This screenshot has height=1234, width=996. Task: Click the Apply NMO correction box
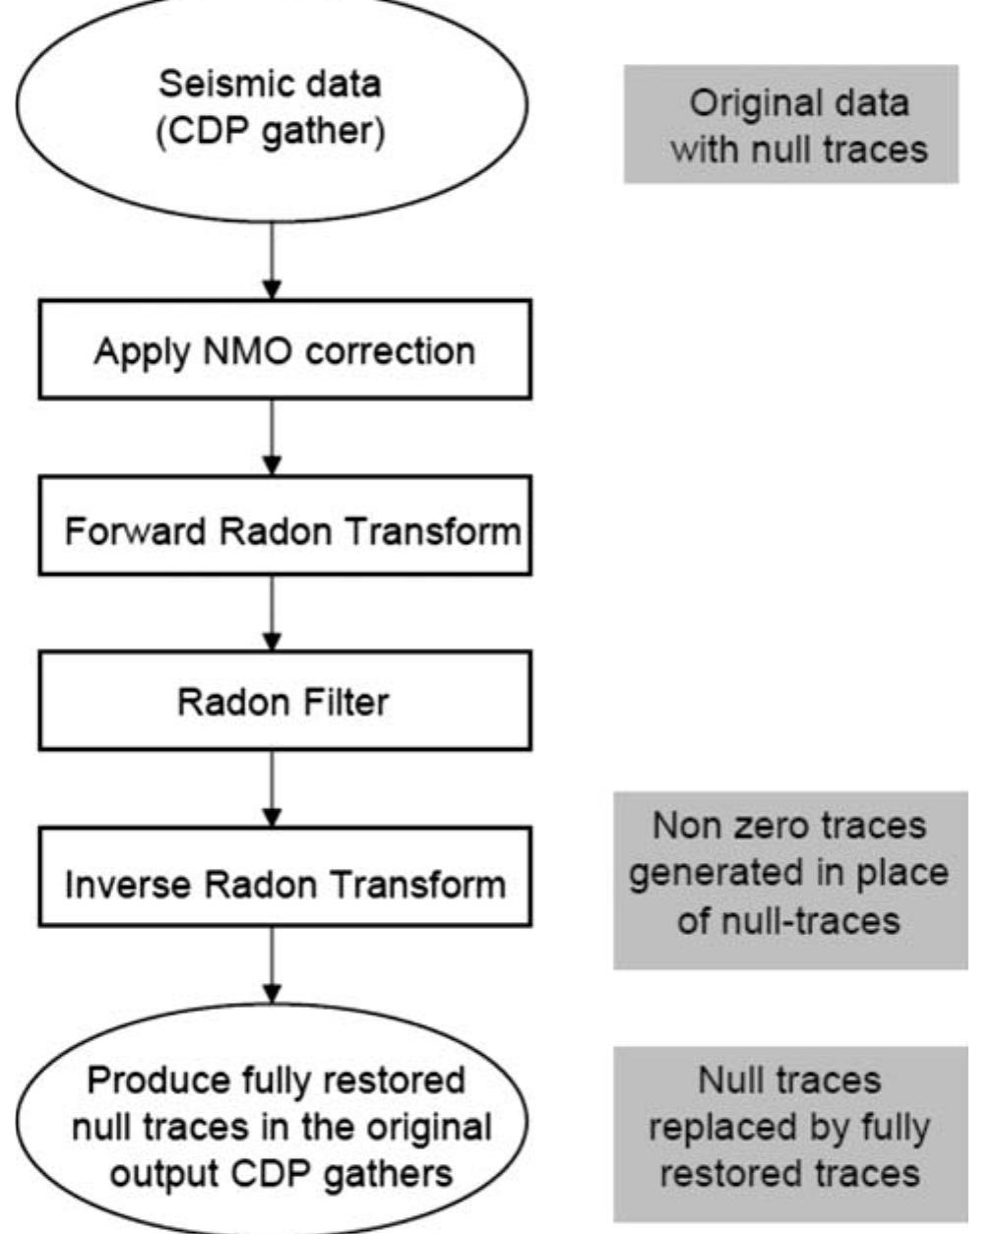coord(284,350)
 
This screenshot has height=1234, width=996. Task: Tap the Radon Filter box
coord(284,701)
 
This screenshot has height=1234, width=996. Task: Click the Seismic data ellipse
coord(272,108)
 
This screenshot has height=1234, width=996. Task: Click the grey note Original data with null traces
coord(790,125)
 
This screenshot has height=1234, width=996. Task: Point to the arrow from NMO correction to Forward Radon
coord(273,437)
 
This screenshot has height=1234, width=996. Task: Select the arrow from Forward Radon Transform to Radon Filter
coord(273,612)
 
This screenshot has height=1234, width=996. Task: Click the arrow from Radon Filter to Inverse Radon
coord(273,787)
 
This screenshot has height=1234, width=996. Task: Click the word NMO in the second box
coord(235,351)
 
